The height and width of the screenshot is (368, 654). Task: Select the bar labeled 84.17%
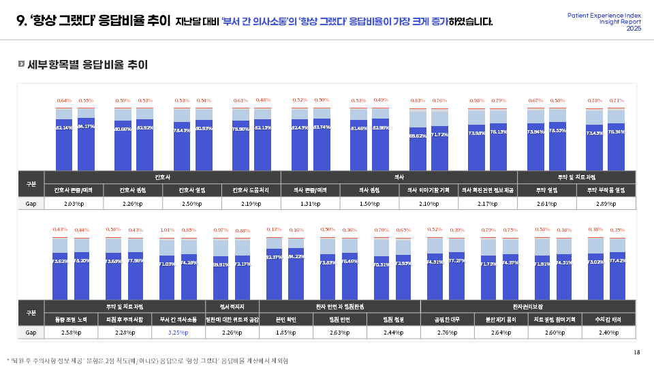pyautogui.click(x=86, y=144)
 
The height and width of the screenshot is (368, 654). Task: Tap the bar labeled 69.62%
pyautogui.click(x=418, y=148)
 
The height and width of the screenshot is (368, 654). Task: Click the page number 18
pyautogui.click(x=636, y=352)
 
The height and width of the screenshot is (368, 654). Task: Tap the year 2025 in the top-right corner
pyautogui.click(x=634, y=29)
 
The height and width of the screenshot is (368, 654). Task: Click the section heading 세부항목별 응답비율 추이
pyautogui.click(x=87, y=65)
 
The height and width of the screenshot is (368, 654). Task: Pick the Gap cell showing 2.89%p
pyautogui.click(x=606, y=204)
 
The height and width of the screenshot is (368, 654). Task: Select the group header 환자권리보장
pyautogui.click(x=528, y=307)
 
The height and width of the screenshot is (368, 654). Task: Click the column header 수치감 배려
pyautogui.click(x=605, y=319)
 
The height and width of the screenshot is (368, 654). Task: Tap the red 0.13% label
pyautogui.click(x=274, y=230)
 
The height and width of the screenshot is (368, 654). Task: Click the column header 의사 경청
pyautogui.click(x=369, y=190)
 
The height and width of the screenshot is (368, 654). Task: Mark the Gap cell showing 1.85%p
pyautogui.click(x=285, y=333)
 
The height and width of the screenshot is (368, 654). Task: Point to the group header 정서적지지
pyautogui.click(x=232, y=307)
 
